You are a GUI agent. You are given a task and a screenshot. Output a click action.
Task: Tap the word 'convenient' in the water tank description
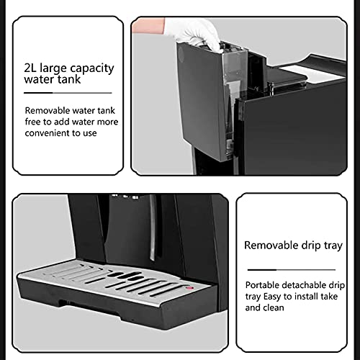point(50,132)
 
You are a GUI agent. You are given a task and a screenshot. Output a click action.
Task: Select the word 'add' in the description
point(61,122)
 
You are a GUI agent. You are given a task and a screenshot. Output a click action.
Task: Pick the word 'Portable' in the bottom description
point(263,284)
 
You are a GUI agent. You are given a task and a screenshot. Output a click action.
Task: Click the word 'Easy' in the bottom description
point(274,295)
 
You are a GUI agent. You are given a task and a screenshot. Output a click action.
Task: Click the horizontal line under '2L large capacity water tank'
point(68,93)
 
